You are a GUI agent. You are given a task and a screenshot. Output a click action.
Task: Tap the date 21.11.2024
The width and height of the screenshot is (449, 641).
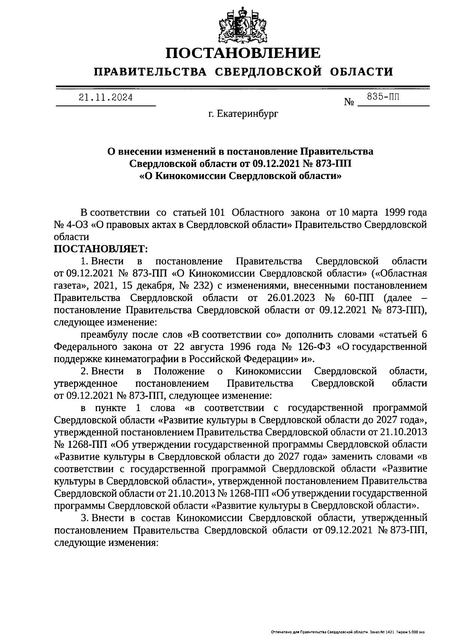106,98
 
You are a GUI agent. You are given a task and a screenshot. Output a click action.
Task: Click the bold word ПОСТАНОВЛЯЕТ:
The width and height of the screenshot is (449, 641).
101,249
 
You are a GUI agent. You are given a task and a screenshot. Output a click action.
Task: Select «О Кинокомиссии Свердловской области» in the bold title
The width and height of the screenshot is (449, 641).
240,176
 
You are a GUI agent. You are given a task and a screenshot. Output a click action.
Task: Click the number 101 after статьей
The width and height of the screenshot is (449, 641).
217,213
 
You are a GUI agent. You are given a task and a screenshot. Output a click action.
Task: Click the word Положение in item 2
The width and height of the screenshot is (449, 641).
179,371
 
